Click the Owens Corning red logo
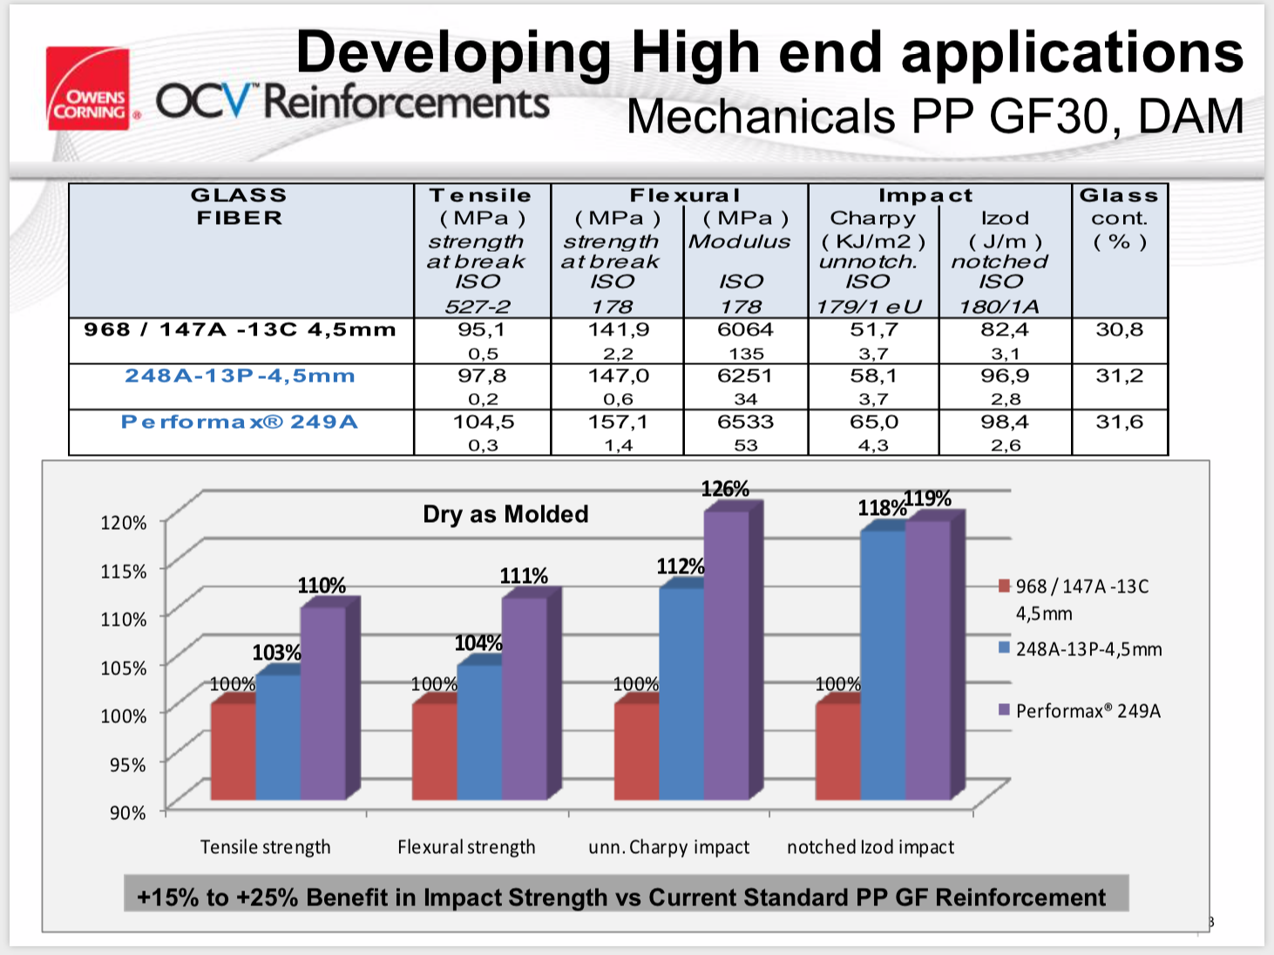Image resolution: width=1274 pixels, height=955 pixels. pyautogui.click(x=88, y=88)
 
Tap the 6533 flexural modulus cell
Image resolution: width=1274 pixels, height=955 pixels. pyautogui.click(x=745, y=423)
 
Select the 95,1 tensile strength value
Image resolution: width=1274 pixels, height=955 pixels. pyautogui.click(x=482, y=330)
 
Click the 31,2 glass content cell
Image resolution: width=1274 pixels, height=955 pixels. pyautogui.click(x=1119, y=376)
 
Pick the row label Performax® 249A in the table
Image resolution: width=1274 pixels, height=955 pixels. pyautogui.click(x=240, y=423)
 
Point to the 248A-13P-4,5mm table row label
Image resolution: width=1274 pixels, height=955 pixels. pyautogui.click(x=240, y=376)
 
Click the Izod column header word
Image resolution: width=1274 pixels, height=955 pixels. pyautogui.click(x=1005, y=219)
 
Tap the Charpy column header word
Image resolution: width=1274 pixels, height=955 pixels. pyautogui.click(x=872, y=219)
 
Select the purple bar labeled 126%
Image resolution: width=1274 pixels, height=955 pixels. pyautogui.click(x=727, y=654)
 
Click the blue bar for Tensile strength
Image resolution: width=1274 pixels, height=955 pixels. pyautogui.click(x=278, y=736)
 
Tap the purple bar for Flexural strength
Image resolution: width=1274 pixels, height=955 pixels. pyautogui.click(x=525, y=697)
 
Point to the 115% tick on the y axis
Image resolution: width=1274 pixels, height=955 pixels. pyautogui.click(x=124, y=572)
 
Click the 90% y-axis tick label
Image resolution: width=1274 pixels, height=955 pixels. pyautogui.click(x=127, y=813)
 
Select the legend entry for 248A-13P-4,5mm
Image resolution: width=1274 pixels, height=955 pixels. pyautogui.click(x=1088, y=649)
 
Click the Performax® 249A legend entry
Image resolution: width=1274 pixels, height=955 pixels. pyautogui.click(x=1088, y=711)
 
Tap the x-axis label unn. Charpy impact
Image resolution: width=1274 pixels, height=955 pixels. pyautogui.click(x=668, y=847)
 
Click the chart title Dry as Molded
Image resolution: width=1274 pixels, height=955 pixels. pyautogui.click(x=505, y=514)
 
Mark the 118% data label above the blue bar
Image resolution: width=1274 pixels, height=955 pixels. pyautogui.click(x=881, y=508)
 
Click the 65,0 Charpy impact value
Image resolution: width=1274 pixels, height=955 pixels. pyautogui.click(x=873, y=423)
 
